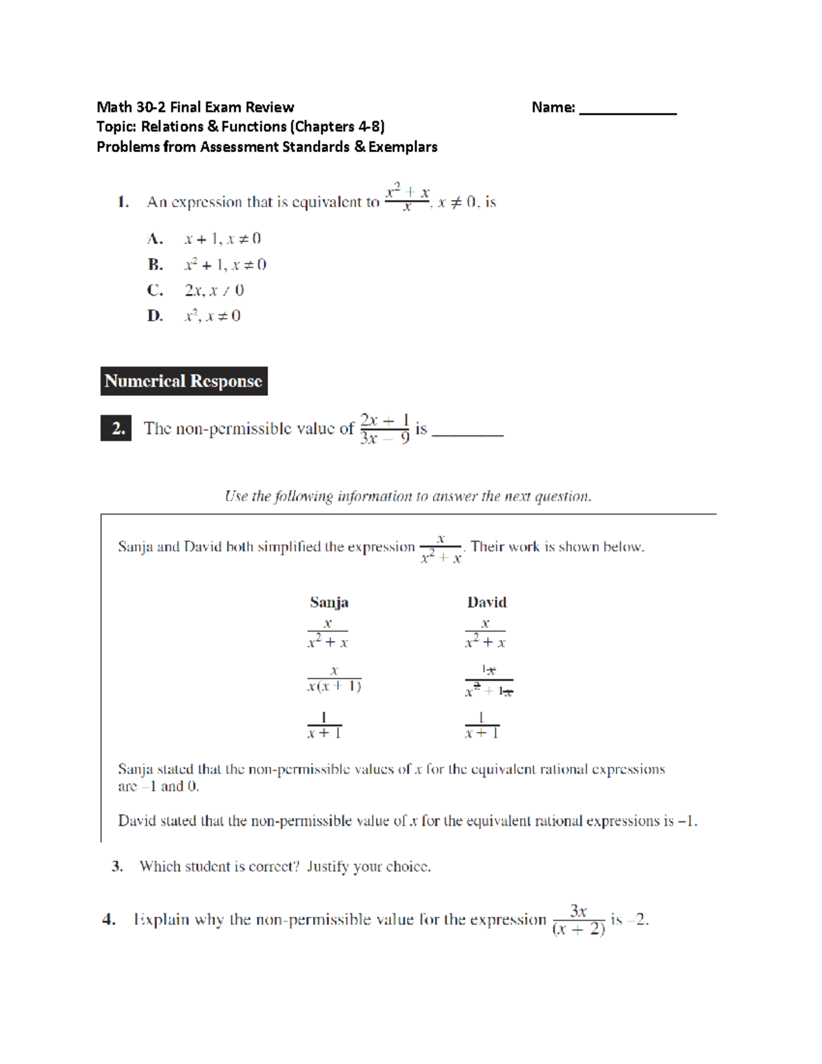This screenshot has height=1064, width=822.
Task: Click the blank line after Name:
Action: point(627,110)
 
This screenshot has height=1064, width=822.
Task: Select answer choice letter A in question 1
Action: point(155,239)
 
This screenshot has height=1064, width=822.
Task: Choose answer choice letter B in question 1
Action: point(155,264)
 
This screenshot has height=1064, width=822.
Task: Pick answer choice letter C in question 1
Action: point(155,290)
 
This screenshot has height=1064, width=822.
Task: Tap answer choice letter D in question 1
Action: point(155,316)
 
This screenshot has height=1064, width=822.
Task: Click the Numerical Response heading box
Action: point(184,381)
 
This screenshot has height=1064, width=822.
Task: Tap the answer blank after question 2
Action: point(468,432)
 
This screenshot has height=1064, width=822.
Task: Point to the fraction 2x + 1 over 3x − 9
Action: point(384,429)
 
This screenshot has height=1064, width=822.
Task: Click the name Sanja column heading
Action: point(329,602)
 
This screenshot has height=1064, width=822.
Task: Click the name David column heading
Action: point(487,602)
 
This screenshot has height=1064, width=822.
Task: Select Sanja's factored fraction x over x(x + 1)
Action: point(334,679)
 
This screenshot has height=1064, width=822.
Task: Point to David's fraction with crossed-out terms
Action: point(488,681)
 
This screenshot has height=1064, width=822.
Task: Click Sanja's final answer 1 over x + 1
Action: point(324,726)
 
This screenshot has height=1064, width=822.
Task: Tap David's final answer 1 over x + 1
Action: point(482,726)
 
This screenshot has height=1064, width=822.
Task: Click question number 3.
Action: point(117,867)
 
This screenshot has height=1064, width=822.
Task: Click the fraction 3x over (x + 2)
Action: point(578,920)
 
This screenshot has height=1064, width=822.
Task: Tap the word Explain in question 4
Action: point(161,919)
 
